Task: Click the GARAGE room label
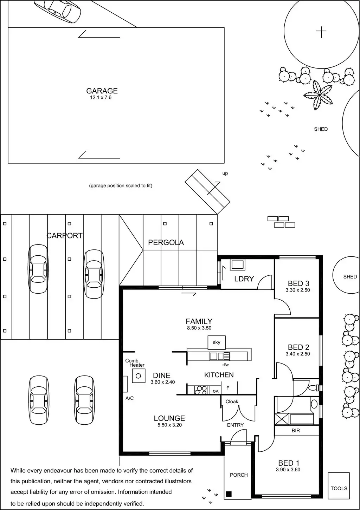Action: pyautogui.click(x=102, y=91)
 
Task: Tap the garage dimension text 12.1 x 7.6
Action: pyautogui.click(x=101, y=98)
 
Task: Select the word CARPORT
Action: pyautogui.click(x=65, y=236)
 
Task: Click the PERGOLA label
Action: pyautogui.click(x=166, y=242)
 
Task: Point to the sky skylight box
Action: pyautogui.click(x=217, y=342)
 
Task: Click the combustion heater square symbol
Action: pyautogui.click(x=139, y=376)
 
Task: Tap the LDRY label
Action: pyautogui.click(x=244, y=279)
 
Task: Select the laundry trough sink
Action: pyautogui.click(x=238, y=264)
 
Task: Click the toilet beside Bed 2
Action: pyautogui.click(x=313, y=388)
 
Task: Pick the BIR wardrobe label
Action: pyautogui.click(x=296, y=431)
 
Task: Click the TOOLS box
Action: pyautogui.click(x=339, y=488)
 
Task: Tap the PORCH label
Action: pyautogui.click(x=239, y=475)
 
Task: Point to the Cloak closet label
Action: pyautogui.click(x=232, y=401)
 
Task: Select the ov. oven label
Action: pyautogui.click(x=216, y=391)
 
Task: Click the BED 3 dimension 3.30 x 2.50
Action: pyautogui.click(x=298, y=290)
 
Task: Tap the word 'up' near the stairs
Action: pyautogui.click(x=225, y=174)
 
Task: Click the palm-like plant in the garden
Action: pyautogui.click(x=319, y=94)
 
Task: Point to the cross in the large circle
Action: pyautogui.click(x=321, y=32)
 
